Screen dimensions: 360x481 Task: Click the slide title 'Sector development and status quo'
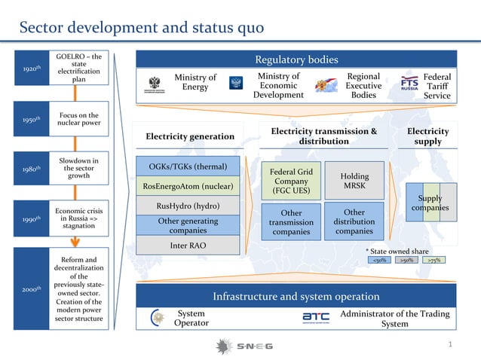[x=141, y=28]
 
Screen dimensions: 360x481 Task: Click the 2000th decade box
[x=31, y=288]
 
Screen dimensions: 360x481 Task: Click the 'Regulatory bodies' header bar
[x=296, y=59]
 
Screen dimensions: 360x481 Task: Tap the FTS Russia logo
[x=409, y=84]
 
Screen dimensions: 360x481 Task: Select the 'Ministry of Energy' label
[x=195, y=83]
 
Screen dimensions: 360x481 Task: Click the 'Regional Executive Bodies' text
[x=363, y=86]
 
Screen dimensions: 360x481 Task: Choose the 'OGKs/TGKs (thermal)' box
[x=188, y=166]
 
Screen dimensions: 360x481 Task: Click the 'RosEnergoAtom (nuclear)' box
[x=188, y=186]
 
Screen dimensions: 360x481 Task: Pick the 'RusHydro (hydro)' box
[x=188, y=205]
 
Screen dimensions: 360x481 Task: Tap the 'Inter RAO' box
[x=188, y=246]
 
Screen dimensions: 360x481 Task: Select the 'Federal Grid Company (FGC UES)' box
[x=290, y=181]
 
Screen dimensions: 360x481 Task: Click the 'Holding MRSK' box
[x=354, y=180]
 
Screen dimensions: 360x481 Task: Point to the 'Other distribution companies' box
[x=354, y=221]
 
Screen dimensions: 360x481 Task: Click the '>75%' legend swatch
[x=434, y=260]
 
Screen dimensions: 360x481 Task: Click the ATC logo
[x=315, y=319]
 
